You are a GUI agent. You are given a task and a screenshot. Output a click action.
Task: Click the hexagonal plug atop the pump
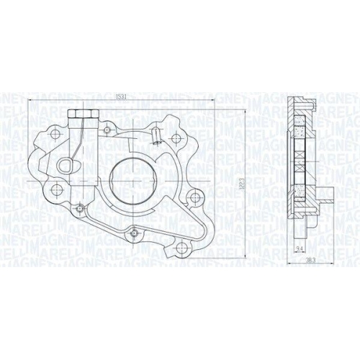[x=76, y=114]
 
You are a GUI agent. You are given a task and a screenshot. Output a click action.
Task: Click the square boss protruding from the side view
[x=325, y=196]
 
